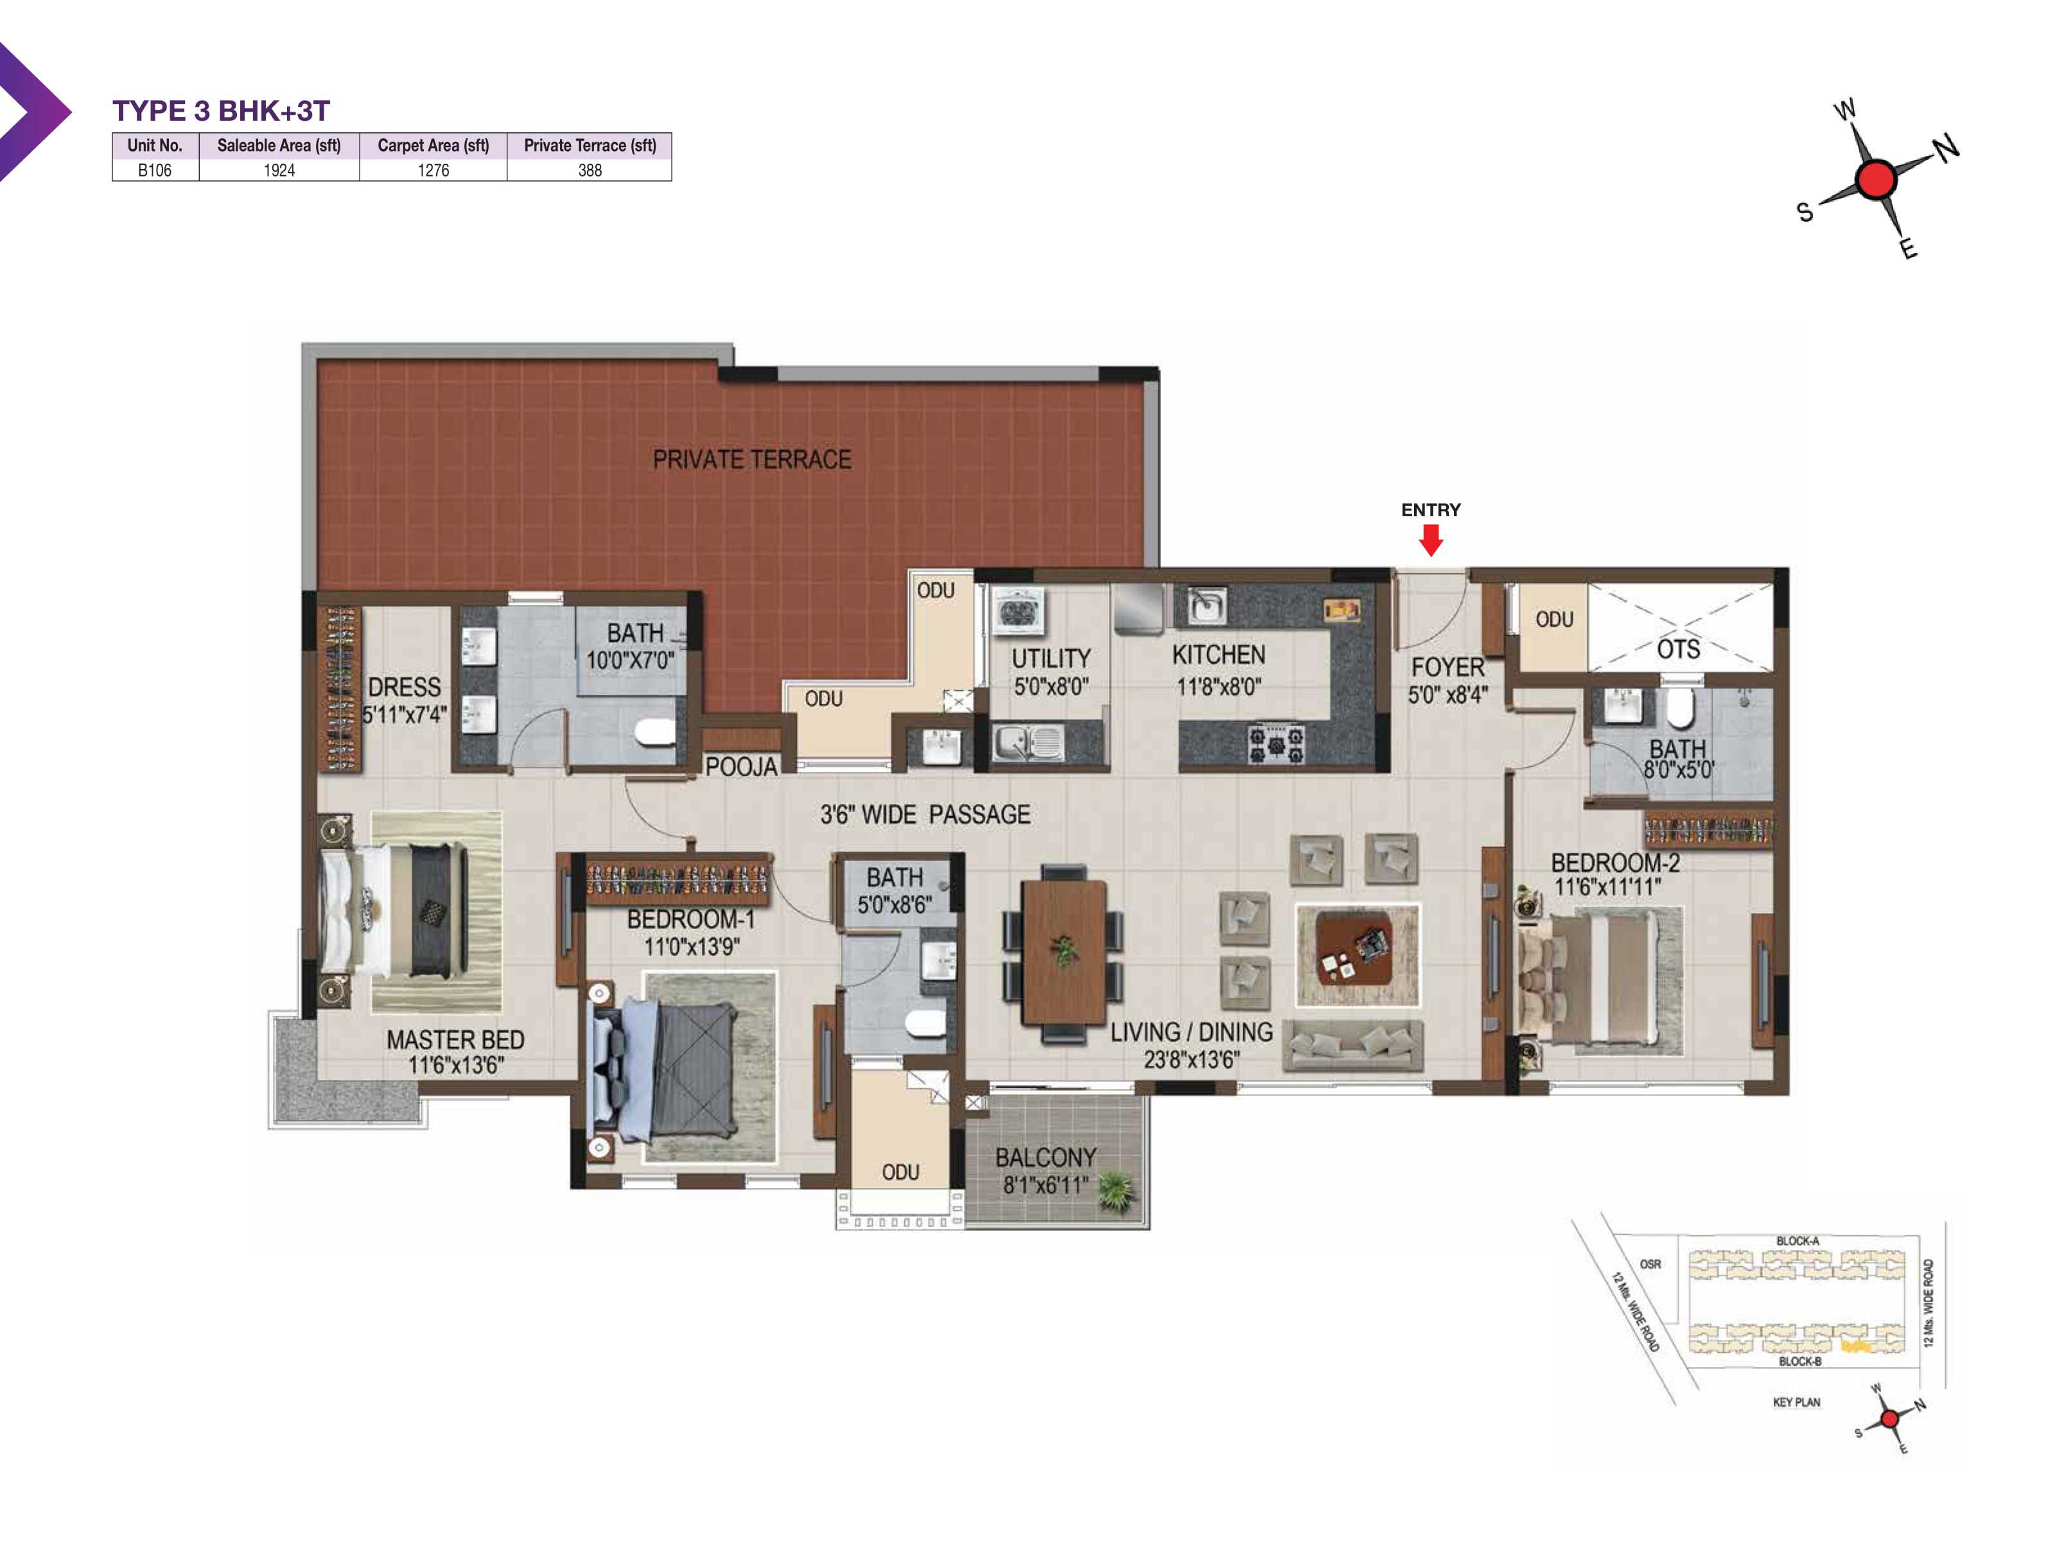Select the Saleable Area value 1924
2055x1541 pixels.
[279, 170]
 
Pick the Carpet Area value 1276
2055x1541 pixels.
[433, 170]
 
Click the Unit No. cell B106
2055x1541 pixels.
[154, 170]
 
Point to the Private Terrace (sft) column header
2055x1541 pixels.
[590, 145]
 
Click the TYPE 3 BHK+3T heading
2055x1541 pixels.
[221, 110]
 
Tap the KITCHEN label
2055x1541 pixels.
[1218, 655]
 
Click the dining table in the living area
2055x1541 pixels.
[1063, 952]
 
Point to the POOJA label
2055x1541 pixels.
[740, 766]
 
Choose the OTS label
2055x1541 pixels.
[1678, 649]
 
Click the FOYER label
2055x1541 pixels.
[1447, 667]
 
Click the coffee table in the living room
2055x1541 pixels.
[1356, 955]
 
